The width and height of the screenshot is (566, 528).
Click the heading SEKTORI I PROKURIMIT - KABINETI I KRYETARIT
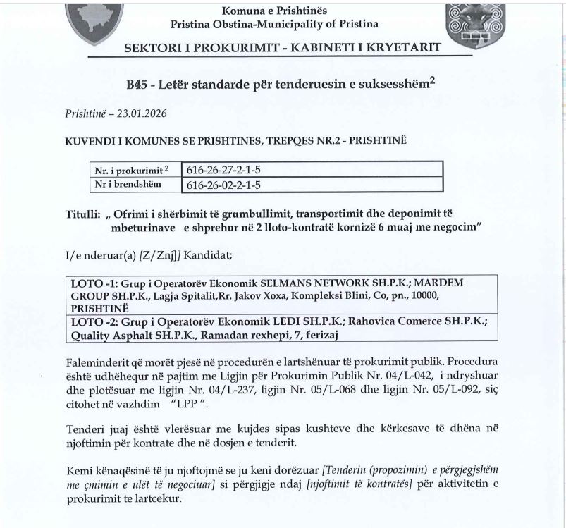click(x=283, y=48)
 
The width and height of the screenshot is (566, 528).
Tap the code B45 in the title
click(x=138, y=85)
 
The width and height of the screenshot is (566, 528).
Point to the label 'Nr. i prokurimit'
click(x=128, y=170)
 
